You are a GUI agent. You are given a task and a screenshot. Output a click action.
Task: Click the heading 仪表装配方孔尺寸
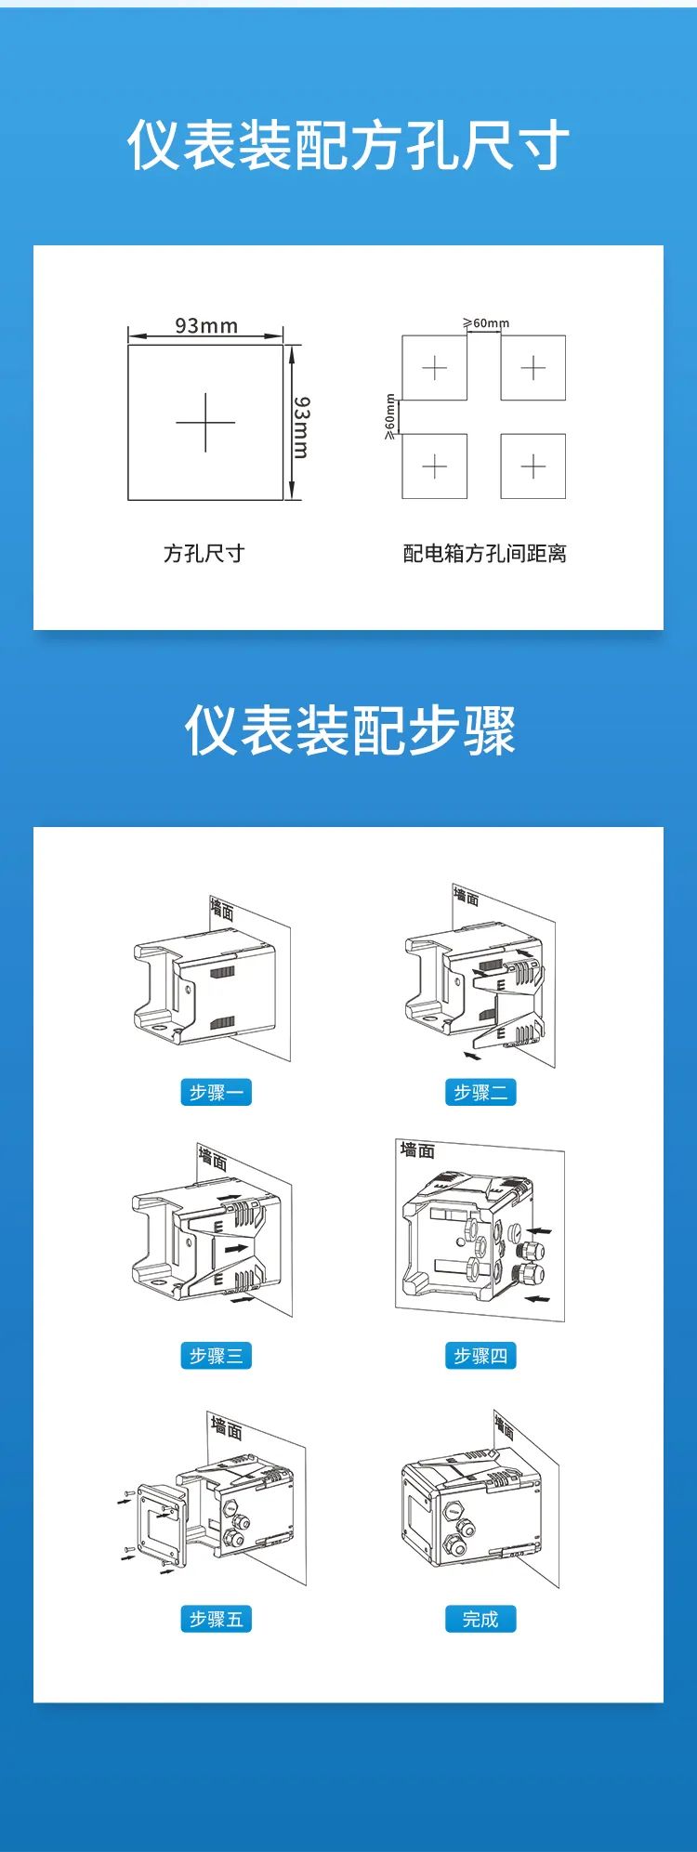348,146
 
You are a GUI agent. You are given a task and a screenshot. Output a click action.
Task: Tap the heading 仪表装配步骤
349,729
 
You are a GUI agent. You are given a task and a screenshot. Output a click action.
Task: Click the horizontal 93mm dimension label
206,325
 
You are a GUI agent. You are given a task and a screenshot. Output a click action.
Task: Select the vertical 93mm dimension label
302,427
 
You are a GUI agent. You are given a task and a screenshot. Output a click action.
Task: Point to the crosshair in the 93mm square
205,422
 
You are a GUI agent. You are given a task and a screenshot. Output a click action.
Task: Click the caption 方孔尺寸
204,554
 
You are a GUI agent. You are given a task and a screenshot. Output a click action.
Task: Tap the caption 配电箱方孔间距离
484,554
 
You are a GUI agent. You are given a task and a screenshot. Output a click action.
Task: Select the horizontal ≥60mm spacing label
486,323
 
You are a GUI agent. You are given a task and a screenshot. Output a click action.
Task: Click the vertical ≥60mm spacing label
390,416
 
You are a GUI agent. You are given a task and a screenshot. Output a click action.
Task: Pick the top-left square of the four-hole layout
434,368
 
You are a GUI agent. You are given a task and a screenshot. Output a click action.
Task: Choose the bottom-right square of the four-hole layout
533,466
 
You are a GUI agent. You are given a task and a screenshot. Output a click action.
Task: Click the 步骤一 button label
216,1093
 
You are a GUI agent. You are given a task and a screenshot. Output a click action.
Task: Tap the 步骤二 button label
480,1093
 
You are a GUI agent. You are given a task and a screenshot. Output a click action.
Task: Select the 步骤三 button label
216,1356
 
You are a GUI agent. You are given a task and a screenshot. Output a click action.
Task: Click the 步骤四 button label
480,1356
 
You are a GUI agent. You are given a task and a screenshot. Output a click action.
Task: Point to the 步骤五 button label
216,1620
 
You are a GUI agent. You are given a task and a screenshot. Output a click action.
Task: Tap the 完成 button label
480,1620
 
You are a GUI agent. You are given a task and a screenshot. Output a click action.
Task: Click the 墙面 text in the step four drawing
417,1150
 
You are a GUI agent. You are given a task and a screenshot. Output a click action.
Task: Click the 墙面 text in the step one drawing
222,909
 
